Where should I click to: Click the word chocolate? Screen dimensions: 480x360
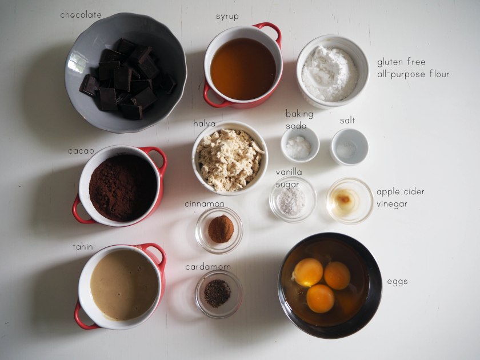coord(81,15)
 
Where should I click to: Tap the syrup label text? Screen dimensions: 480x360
coord(227,17)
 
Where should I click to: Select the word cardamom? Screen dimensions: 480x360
coord(208,267)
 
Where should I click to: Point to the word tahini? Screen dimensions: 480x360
coord(83,247)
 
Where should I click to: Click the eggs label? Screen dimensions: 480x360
coord(397,282)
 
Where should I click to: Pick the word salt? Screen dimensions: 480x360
coord(347,121)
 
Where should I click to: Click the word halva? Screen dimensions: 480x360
coord(204,123)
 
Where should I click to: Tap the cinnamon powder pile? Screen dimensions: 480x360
coord(221,229)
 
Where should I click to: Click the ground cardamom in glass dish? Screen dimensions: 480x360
coord(217,293)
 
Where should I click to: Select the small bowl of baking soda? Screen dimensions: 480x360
coord(300,145)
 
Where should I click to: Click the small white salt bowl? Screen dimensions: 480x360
coord(349,147)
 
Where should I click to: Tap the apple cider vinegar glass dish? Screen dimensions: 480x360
coord(350,201)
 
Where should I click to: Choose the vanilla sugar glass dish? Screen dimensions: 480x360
coord(293,199)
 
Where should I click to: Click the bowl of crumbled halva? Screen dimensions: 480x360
coord(230,158)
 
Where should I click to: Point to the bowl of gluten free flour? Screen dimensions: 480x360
coord(333,71)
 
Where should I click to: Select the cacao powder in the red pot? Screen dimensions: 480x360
coord(123,187)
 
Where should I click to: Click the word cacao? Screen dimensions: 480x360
coord(81,151)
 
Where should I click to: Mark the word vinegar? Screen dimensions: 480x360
coord(392,204)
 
